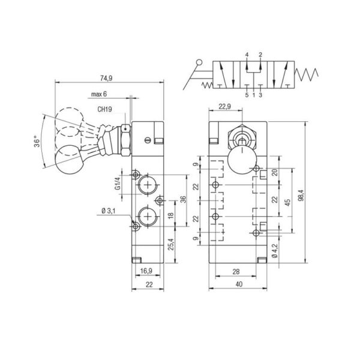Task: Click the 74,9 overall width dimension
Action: (x=106, y=78)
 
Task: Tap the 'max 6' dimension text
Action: (x=99, y=94)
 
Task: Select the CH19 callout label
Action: (x=104, y=109)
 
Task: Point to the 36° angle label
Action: (x=37, y=142)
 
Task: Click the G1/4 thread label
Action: (x=118, y=184)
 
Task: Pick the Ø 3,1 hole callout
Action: (x=108, y=211)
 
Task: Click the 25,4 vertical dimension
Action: (x=172, y=244)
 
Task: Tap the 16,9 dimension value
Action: (x=146, y=271)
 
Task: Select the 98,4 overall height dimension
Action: (x=301, y=196)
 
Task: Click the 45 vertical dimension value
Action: (x=287, y=202)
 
